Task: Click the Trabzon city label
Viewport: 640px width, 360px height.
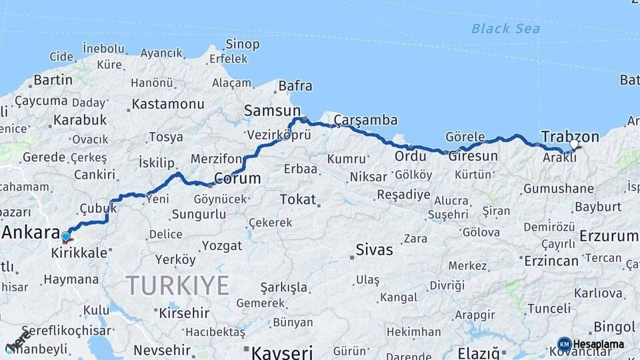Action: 570,136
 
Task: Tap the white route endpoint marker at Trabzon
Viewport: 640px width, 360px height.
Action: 574,144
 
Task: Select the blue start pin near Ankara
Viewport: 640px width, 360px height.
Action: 65,236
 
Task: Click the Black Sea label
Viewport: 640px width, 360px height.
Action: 505,29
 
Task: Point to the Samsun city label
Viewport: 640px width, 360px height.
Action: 272,111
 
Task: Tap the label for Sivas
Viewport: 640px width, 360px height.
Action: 374,251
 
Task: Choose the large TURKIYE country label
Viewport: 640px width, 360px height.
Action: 178,285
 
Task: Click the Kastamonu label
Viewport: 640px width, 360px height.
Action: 167,104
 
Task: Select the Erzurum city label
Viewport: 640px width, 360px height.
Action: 609,236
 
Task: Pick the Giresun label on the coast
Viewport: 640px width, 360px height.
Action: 473,157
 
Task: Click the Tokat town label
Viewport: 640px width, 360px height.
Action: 297,199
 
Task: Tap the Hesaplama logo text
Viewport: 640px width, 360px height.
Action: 599,344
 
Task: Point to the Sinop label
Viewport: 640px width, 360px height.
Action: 242,44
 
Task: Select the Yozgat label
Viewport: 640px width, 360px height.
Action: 222,246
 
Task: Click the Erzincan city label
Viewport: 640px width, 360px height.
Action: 551,261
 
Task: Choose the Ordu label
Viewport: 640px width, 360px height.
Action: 410,156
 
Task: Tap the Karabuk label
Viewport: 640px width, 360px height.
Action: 80,120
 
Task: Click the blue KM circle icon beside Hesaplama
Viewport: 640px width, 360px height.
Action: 564,344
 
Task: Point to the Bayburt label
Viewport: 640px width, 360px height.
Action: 597,207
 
